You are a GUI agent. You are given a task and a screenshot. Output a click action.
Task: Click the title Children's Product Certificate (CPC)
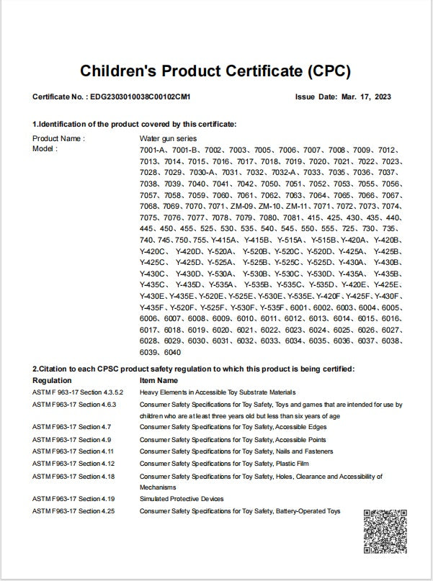click(x=215, y=71)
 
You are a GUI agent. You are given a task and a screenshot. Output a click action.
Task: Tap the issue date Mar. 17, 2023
click(x=365, y=96)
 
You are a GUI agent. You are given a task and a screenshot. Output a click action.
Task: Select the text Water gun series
click(x=168, y=138)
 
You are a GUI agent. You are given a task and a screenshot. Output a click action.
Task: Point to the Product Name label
click(x=58, y=138)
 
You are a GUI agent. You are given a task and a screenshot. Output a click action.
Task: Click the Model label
click(x=45, y=148)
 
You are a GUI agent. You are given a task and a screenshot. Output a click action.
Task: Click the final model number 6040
click(x=173, y=352)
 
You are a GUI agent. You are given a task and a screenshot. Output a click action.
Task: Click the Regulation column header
click(x=52, y=380)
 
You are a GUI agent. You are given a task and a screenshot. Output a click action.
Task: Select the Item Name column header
click(x=159, y=380)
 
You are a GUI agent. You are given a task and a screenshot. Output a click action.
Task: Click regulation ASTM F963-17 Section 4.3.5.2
click(x=78, y=392)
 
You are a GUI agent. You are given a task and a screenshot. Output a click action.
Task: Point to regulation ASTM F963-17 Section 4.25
click(x=73, y=510)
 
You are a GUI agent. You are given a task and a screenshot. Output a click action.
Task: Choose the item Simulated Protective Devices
click(x=182, y=498)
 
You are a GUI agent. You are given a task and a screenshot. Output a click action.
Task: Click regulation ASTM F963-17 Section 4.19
click(x=73, y=498)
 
